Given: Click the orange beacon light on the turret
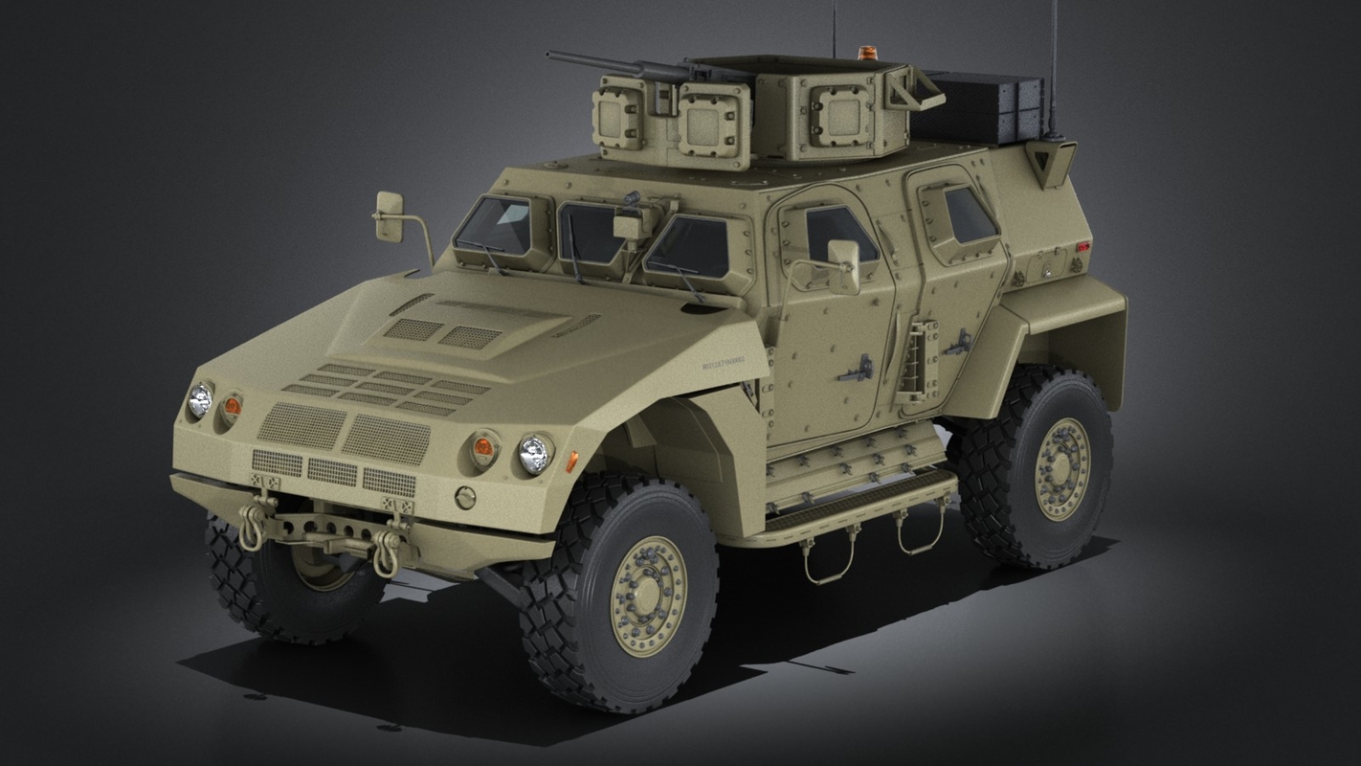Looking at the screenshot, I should (x=867, y=53).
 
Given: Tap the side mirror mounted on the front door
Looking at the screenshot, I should (x=843, y=264).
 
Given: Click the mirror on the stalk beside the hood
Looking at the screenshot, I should (x=389, y=216).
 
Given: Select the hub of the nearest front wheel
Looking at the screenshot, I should (x=648, y=595).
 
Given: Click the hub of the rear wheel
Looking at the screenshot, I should (x=1062, y=468).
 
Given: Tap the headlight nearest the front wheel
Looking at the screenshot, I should (x=534, y=453).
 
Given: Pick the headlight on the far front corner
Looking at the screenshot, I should (x=199, y=399).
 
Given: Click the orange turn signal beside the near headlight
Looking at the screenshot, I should (x=484, y=447).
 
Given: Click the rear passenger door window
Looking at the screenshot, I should (x=970, y=215).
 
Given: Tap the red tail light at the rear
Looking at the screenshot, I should (x=1082, y=247).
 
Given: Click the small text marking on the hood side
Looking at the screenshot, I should (x=722, y=363).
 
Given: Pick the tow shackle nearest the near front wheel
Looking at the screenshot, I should (x=387, y=552).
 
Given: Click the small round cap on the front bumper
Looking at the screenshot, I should (x=465, y=497).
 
